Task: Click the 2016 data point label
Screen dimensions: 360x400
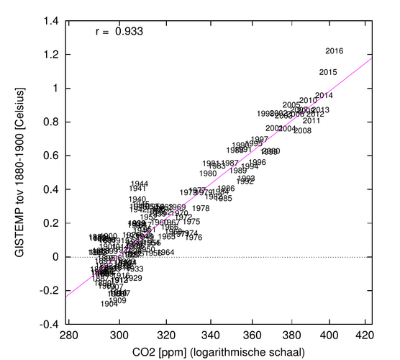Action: [335, 50]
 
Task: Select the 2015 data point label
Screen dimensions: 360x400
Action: [328, 72]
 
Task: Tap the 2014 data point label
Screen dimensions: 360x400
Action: [324, 96]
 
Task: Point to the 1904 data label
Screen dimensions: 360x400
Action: [109, 304]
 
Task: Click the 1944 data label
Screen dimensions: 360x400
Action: [140, 184]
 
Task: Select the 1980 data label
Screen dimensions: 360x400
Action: [208, 174]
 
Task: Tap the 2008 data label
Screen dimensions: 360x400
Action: [302, 130]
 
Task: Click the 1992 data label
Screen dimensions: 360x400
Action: [245, 181]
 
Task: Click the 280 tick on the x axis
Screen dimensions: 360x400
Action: [68, 335]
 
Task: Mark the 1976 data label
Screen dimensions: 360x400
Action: [194, 237]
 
